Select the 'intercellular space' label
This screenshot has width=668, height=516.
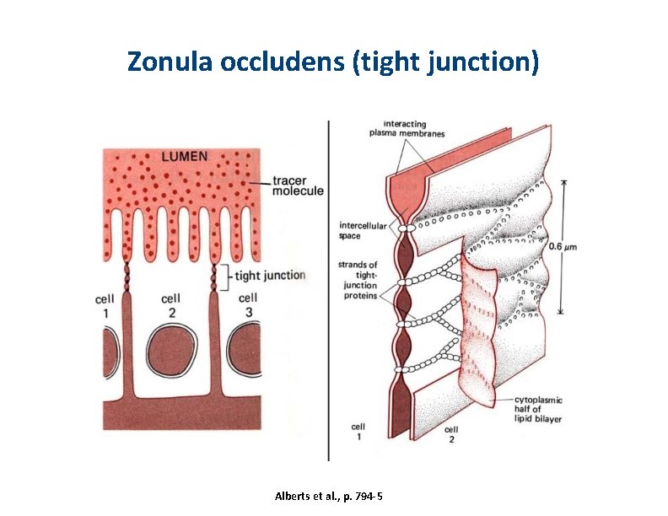click(363, 230)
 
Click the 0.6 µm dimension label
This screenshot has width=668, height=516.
click(586, 246)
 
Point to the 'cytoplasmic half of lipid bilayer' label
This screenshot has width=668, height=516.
click(540, 410)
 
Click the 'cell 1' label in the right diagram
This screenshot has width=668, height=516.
click(358, 433)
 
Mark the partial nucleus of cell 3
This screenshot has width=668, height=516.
click(249, 348)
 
